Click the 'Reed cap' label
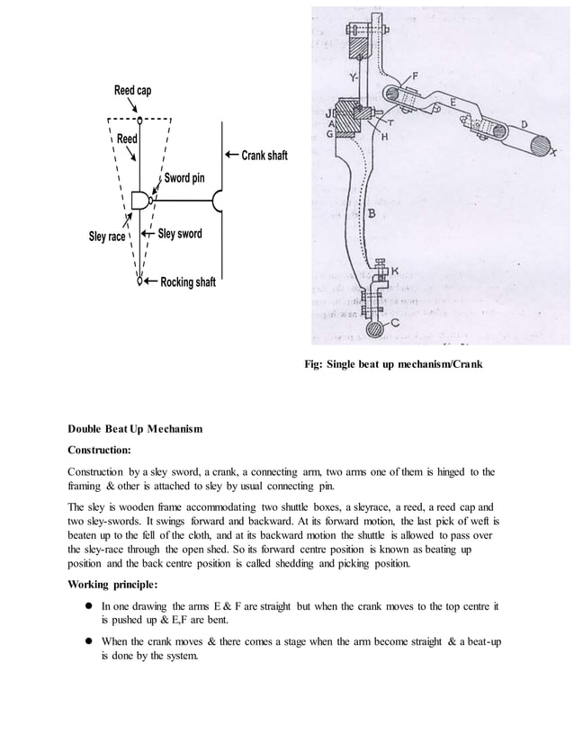click(132, 91)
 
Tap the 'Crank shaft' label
click(264, 156)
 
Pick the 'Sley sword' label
click(180, 234)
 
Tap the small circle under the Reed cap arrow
click(139, 119)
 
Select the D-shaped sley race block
click(139, 200)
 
